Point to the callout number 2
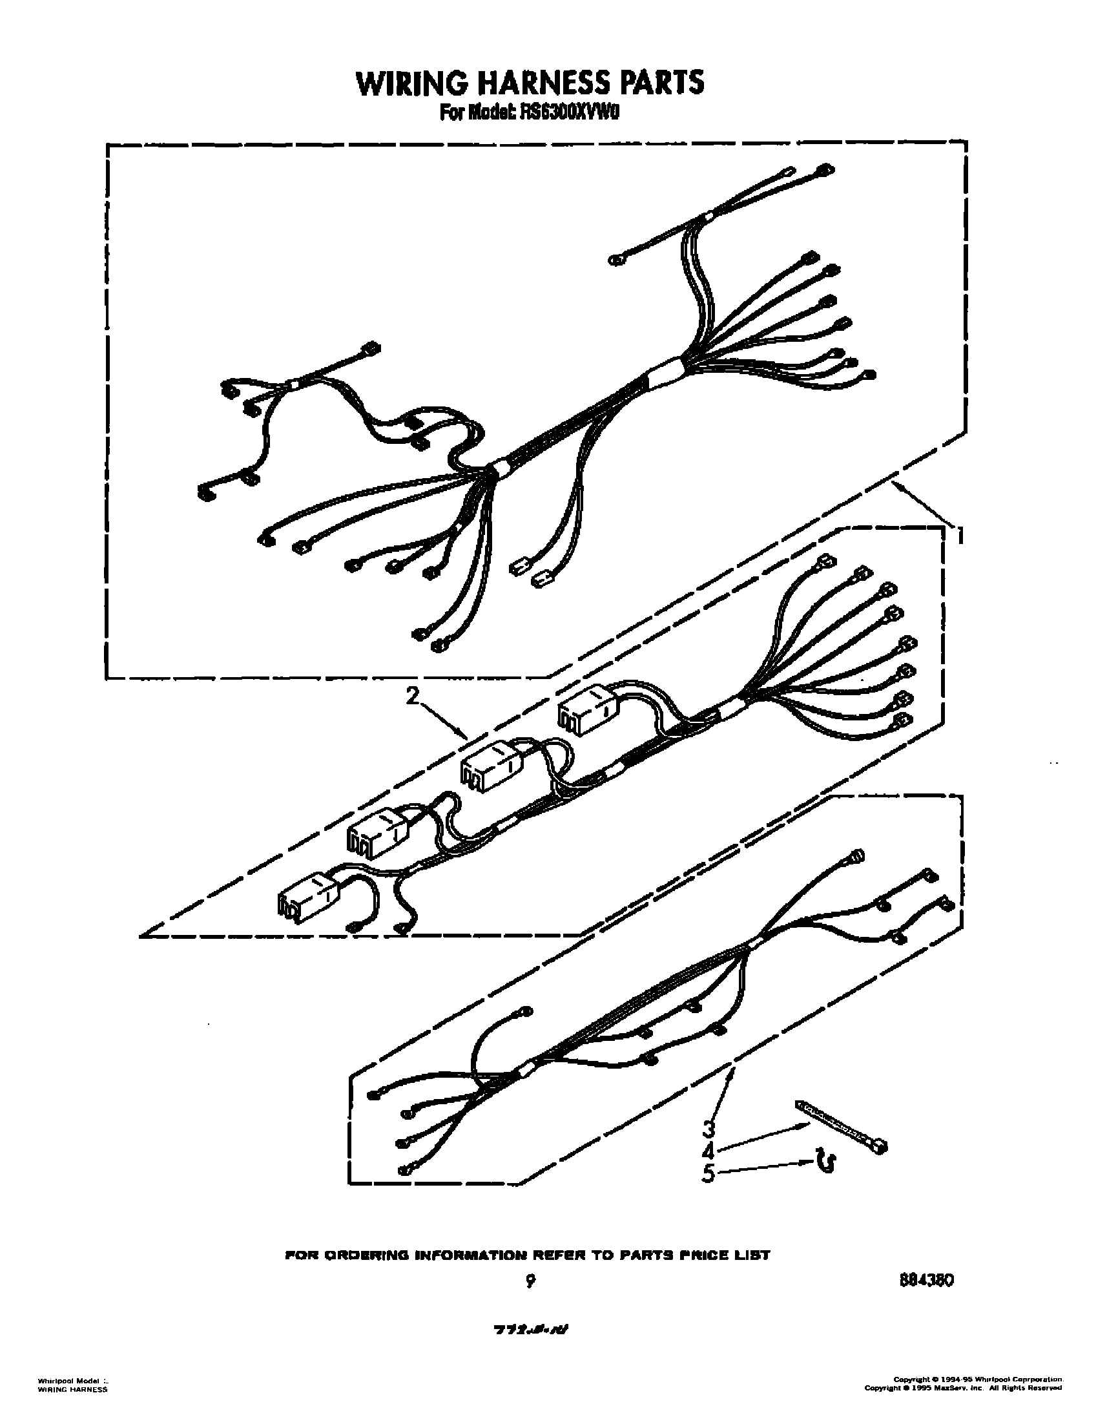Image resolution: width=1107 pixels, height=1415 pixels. click(412, 696)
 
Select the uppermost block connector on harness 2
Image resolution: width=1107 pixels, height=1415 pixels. click(587, 713)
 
